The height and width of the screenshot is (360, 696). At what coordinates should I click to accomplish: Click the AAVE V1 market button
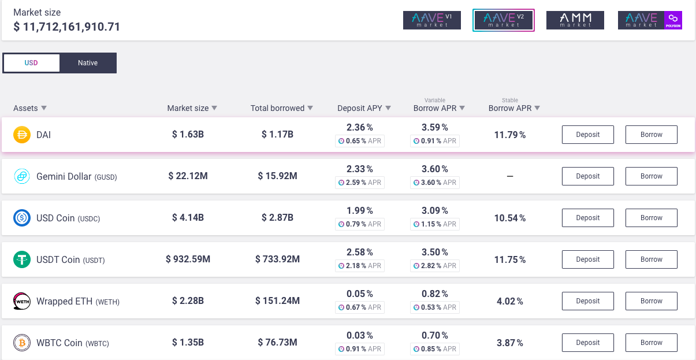[432, 20]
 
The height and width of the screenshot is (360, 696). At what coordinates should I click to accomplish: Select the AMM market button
[575, 20]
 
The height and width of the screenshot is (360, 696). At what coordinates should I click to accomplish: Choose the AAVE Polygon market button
[650, 20]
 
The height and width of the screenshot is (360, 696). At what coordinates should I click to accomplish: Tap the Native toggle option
[88, 63]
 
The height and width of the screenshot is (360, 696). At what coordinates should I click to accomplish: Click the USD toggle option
[31, 63]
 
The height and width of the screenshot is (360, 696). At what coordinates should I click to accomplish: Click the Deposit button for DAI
[588, 135]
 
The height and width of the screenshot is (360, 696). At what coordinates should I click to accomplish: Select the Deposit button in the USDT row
[588, 259]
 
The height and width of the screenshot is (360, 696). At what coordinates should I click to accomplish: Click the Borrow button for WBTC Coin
[652, 343]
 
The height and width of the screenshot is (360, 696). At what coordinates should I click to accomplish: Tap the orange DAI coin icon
[22, 135]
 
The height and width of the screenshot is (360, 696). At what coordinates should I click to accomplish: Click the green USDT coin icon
[22, 259]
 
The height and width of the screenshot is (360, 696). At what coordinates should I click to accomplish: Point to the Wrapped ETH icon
[22, 301]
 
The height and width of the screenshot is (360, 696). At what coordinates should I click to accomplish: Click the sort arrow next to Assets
[44, 108]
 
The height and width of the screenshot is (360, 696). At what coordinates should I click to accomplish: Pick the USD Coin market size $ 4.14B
[188, 218]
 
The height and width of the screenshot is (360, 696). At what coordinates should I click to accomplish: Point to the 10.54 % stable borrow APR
[510, 218]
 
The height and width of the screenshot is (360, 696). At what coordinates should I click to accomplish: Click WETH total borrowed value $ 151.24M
[277, 301]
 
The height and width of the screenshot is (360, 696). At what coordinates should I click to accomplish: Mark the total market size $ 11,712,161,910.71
[66, 27]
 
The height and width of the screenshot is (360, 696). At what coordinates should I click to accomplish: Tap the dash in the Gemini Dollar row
[510, 176]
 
